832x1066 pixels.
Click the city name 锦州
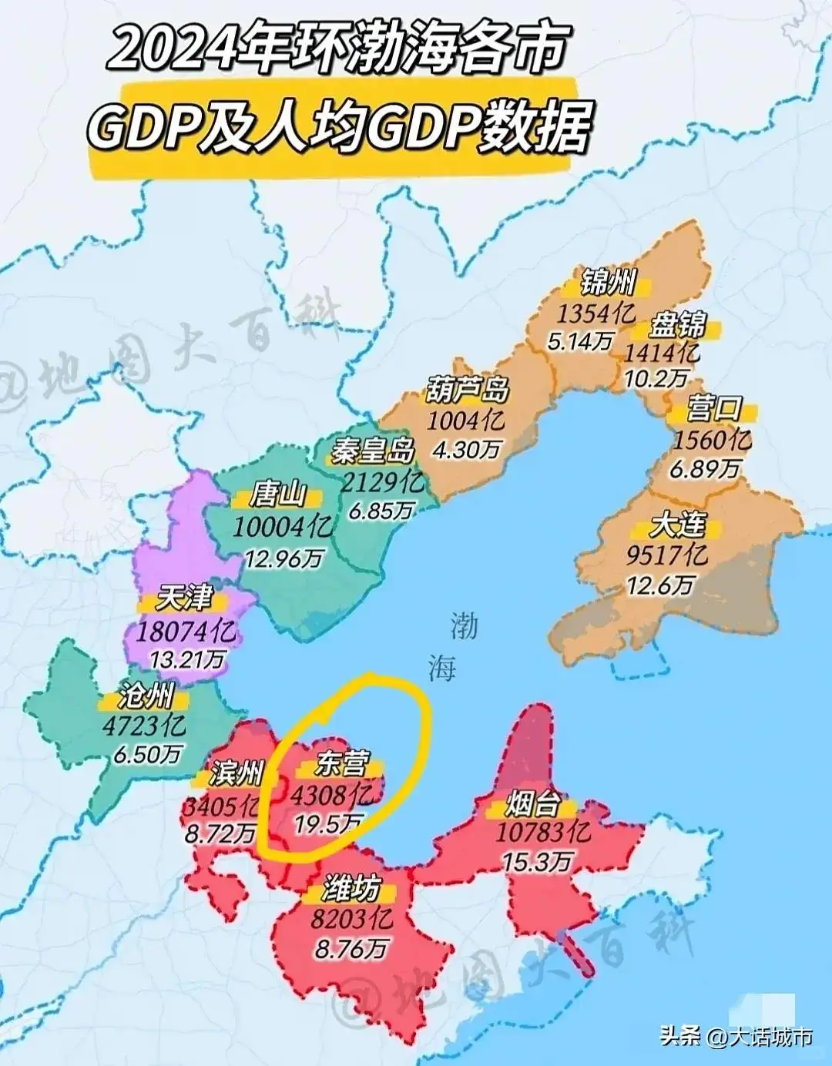[607, 283]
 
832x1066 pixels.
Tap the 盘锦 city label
[677, 324]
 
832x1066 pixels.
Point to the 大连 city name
[677, 525]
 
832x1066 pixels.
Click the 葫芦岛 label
[468, 391]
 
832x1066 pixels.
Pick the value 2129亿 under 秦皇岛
[383, 482]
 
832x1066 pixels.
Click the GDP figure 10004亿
[283, 528]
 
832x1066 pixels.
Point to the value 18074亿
[186, 632]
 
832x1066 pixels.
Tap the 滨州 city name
[237, 773]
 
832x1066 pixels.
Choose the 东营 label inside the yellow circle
[341, 763]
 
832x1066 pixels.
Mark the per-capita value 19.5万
[327, 824]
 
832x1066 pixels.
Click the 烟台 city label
[532, 805]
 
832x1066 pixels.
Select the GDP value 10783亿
[543, 833]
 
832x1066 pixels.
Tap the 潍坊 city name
[351, 890]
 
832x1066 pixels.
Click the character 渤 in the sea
[464, 626]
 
